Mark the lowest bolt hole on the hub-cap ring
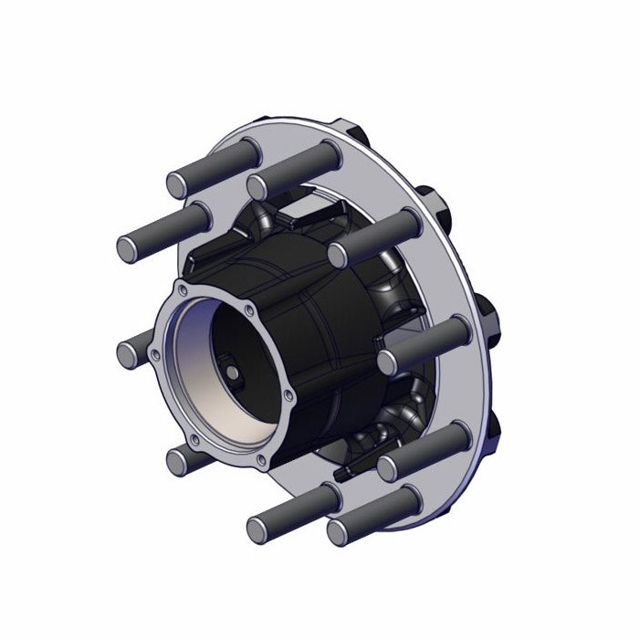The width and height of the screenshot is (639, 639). [x=261, y=459]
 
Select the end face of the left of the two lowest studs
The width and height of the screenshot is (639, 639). [x=258, y=529]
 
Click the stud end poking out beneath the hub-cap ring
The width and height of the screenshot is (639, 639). [x=180, y=461]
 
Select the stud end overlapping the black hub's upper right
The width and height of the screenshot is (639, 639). [x=340, y=255]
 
